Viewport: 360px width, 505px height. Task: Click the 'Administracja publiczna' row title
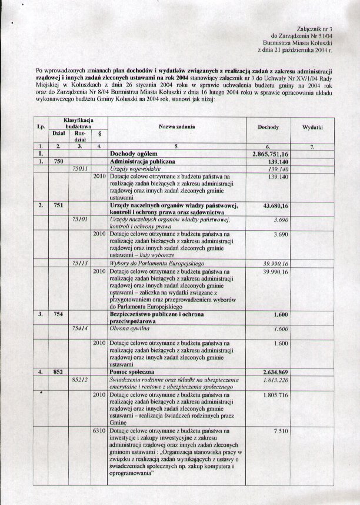point(142,161)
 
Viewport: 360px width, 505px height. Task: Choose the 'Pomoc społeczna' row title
point(135,372)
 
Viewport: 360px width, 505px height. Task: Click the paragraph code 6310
point(99,431)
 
